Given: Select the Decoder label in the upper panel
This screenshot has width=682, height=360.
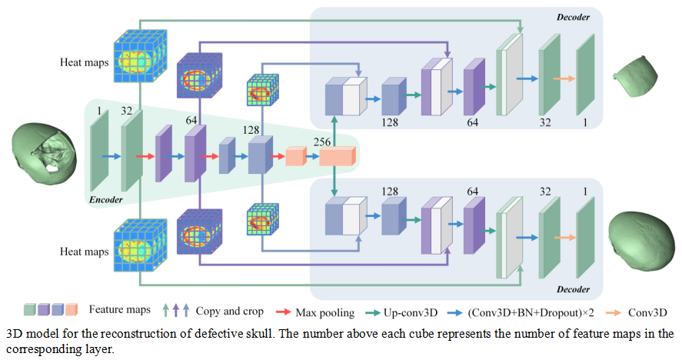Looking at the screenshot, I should click(x=574, y=16).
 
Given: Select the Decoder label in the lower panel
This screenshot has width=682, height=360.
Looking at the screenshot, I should click(x=574, y=289).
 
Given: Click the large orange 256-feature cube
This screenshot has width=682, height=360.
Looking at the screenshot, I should click(x=338, y=157).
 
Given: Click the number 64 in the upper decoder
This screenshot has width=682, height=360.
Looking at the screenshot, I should click(x=472, y=122).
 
